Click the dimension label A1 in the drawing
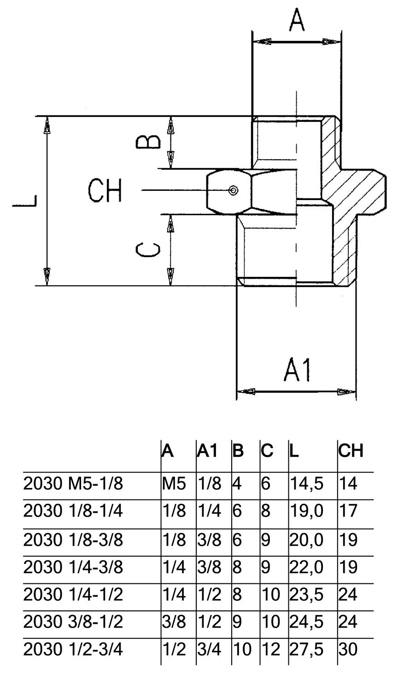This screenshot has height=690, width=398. coord(298,370)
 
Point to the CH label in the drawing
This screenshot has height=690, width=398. coord(105,191)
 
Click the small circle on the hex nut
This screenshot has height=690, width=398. coord(234,190)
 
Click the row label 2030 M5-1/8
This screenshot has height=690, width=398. coord(73,484)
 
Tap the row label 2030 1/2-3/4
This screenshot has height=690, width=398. coord(73,650)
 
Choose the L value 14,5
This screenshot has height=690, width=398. coord(306,484)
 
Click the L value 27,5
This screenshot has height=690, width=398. coord(306,650)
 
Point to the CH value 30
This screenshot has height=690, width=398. coord(348,650)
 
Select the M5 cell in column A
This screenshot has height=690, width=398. coord(174,484)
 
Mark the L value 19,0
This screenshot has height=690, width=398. coord(306,511)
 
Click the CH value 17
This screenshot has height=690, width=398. coord(348,511)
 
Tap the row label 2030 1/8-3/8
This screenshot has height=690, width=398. coord(73,540)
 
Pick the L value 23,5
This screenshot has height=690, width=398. coord(306,595)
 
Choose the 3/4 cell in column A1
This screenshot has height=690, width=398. coord(210,650)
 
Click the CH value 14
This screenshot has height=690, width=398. coord(348,484)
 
